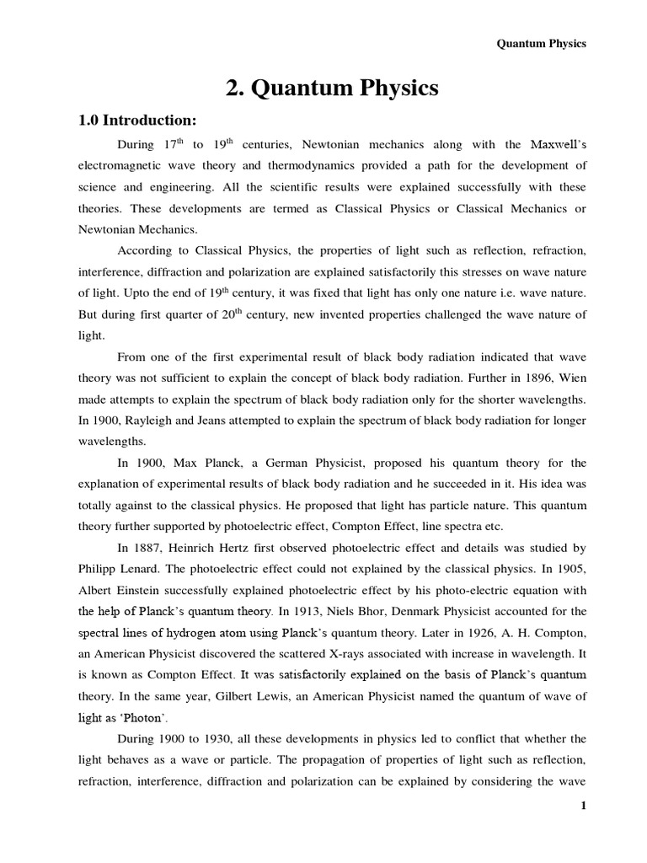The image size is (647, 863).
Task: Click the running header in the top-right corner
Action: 540,44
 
